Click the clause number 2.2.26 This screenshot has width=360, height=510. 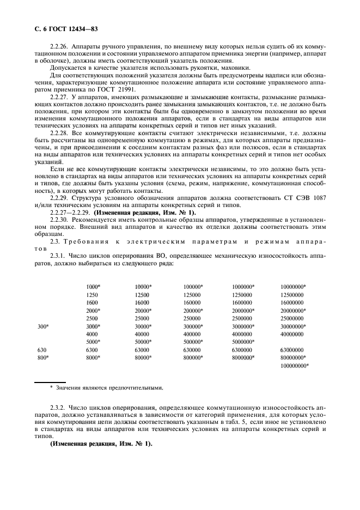point(60,47)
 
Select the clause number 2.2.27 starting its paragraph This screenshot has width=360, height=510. point(60,96)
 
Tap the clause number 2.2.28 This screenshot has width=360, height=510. point(60,132)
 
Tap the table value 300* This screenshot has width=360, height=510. point(43,326)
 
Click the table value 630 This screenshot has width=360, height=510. point(42,350)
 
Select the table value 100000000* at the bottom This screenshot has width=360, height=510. point(295,366)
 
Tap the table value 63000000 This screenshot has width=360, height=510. point(292,350)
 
